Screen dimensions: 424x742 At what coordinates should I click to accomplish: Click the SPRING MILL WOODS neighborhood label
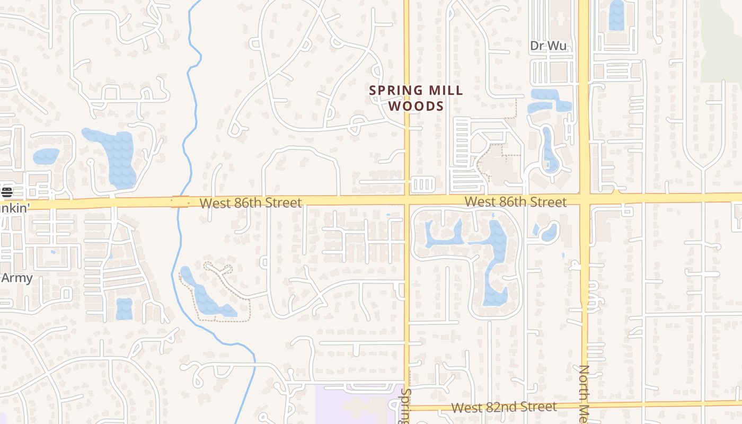(416, 98)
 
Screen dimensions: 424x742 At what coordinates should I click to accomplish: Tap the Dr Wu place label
(549, 46)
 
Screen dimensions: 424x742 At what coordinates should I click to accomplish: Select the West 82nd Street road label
(504, 407)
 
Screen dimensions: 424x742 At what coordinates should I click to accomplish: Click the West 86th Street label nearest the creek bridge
(251, 202)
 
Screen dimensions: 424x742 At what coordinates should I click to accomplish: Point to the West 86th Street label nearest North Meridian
(515, 202)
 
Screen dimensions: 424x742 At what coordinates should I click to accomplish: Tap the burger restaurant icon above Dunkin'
(6, 192)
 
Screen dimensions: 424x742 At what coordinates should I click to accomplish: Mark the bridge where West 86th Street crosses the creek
(180, 202)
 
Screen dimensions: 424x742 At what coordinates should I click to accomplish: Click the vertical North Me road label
(585, 393)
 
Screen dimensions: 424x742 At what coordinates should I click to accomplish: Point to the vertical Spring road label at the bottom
(407, 406)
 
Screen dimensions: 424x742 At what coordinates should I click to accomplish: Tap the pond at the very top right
(616, 15)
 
